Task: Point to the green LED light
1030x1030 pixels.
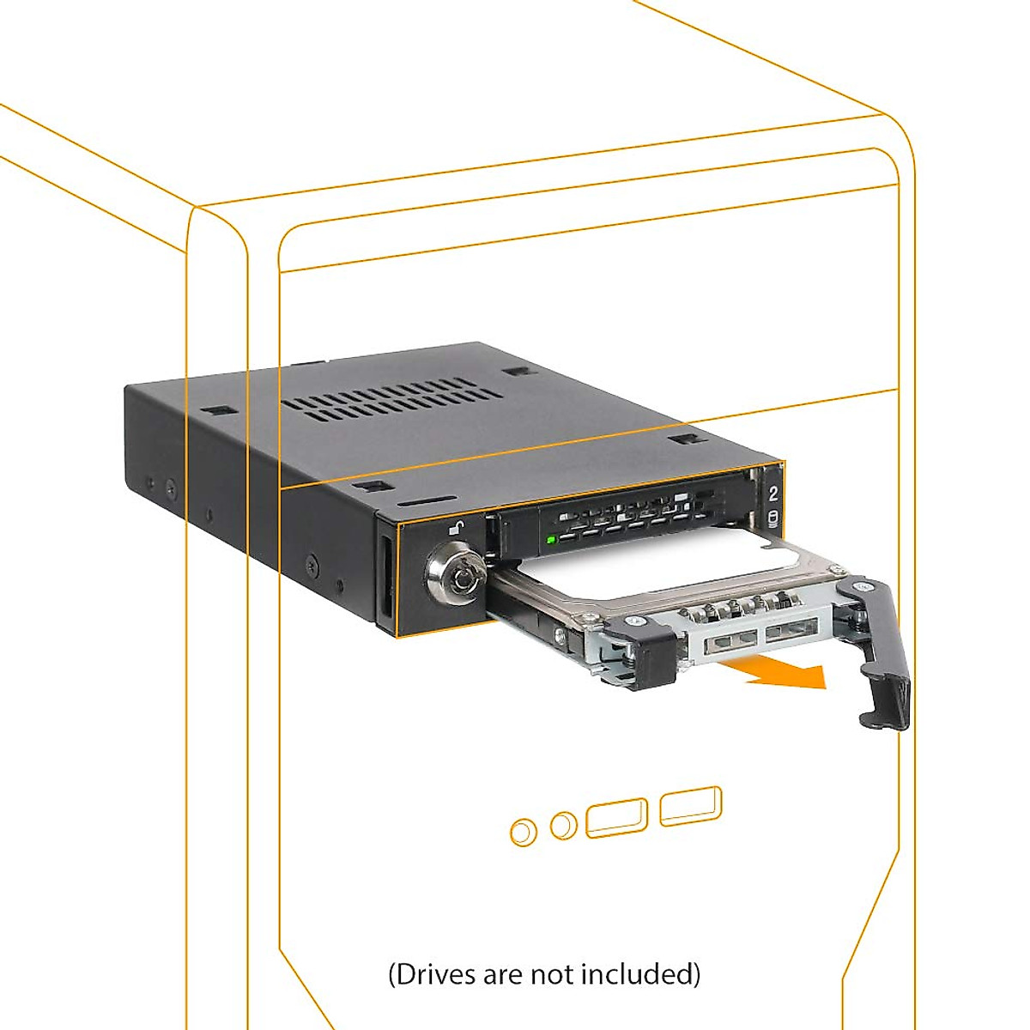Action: click(551, 540)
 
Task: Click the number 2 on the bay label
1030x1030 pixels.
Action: click(772, 494)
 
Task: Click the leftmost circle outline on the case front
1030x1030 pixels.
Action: click(523, 832)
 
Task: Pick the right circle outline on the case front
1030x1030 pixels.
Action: click(564, 826)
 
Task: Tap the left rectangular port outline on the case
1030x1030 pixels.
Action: click(616, 816)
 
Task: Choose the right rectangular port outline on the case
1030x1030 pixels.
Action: click(690, 806)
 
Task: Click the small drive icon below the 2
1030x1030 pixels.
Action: click(772, 518)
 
